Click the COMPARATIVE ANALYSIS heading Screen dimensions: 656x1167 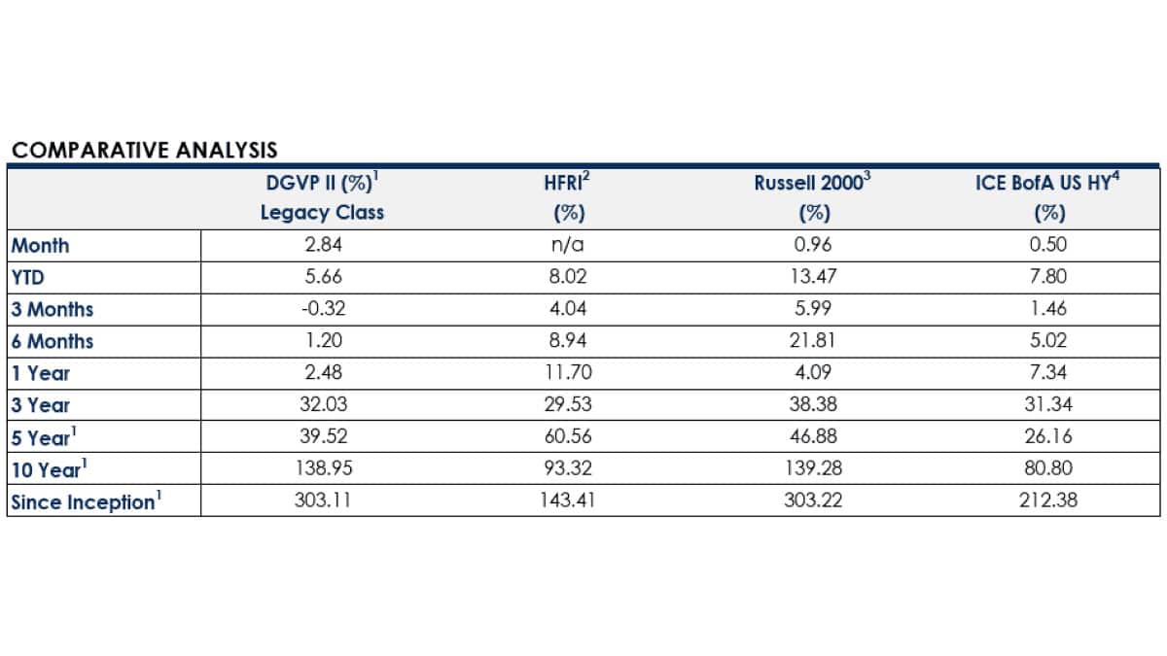(x=144, y=150)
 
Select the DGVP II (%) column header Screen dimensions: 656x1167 (x=321, y=184)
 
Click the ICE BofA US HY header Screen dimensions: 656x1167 (x=1048, y=184)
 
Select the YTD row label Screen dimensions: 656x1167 (x=28, y=277)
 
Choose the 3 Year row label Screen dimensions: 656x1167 (x=40, y=405)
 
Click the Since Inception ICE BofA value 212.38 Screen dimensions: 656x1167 (x=1047, y=502)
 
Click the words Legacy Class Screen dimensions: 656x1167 (x=322, y=213)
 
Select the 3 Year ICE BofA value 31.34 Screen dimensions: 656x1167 (x=1047, y=405)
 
